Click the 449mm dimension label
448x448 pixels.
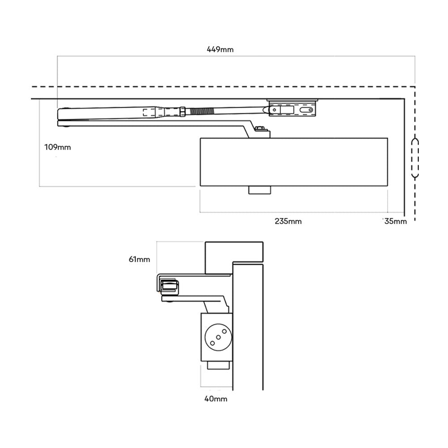tap(220, 49)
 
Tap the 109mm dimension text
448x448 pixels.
tap(58, 147)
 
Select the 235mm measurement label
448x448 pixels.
tap(288, 221)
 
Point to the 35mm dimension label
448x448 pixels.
tap(396, 221)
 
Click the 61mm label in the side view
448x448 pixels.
tap(140, 259)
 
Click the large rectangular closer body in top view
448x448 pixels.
tap(293, 162)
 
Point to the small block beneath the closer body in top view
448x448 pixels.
tap(259, 190)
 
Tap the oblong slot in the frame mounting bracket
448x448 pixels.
tap(306, 109)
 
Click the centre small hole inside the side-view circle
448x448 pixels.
tap(217, 336)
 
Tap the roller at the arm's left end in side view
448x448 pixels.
tap(168, 286)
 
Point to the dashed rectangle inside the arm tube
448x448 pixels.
tap(150, 113)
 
